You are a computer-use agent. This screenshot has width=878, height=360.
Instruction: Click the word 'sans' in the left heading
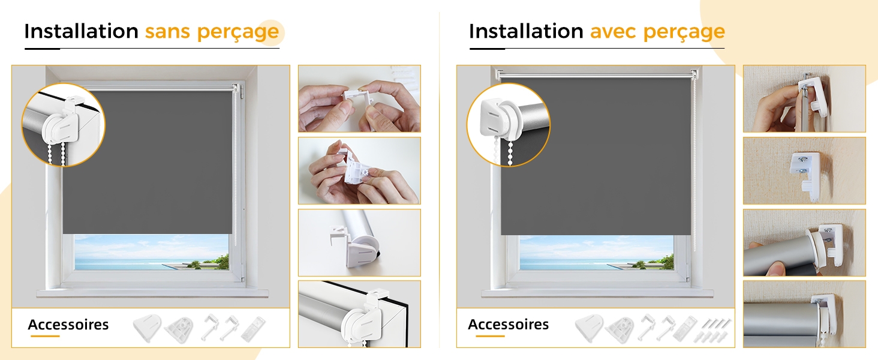click(x=167, y=32)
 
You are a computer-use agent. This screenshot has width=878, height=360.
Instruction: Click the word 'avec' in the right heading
click(x=613, y=32)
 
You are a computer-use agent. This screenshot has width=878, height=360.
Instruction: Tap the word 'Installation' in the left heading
click(x=81, y=31)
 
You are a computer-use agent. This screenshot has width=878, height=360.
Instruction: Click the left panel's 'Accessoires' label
click(x=68, y=325)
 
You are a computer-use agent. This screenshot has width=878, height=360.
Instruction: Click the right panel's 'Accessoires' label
click(x=509, y=325)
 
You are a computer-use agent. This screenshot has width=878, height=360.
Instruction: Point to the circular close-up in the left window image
click(x=63, y=125)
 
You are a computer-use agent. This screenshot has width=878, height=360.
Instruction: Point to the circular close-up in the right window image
click(x=509, y=125)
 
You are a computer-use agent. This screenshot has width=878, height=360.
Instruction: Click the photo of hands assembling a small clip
click(x=359, y=98)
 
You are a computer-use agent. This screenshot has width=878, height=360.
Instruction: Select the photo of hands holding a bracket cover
click(x=359, y=170)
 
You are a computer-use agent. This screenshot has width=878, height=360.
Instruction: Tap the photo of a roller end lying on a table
click(x=359, y=243)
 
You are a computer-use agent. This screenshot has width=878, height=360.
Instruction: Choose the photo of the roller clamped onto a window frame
click(x=359, y=314)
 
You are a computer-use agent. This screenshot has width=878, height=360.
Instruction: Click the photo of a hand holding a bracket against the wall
click(x=804, y=98)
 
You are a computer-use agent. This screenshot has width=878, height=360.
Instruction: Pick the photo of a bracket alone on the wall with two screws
click(x=804, y=170)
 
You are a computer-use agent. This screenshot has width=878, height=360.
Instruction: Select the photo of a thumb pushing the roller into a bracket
click(x=804, y=243)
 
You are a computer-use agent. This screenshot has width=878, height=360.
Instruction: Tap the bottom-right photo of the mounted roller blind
click(x=804, y=314)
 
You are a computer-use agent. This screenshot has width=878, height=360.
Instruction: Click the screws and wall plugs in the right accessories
click(x=712, y=329)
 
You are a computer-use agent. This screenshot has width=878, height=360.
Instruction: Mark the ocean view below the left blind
click(x=152, y=252)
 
